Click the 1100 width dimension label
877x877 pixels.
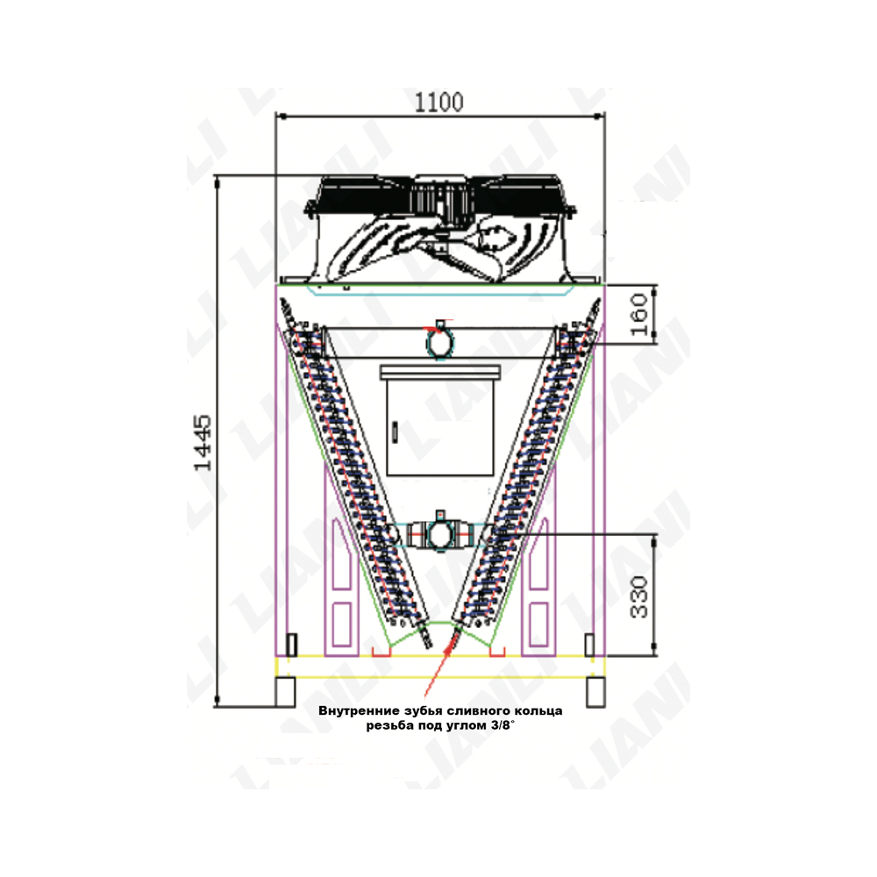coord(439,103)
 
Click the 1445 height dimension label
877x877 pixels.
coord(203,442)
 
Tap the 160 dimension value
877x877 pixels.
coord(638,314)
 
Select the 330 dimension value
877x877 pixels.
coord(638,596)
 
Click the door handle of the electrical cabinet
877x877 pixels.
coord(395,431)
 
